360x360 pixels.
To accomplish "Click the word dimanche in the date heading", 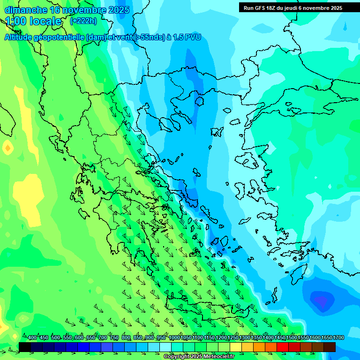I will coord(25,10).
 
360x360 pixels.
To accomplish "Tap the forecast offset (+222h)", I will coord(83,21).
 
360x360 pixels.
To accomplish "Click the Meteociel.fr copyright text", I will coord(199,357).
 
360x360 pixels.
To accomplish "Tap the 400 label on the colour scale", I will coord(32,337).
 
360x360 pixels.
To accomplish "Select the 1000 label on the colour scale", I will coord(174,337).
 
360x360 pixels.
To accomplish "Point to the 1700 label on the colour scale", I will coord(338,337).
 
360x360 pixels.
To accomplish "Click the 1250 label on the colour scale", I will coord(233,337).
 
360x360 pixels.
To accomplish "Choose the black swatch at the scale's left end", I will coord(25,347).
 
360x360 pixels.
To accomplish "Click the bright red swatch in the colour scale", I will coord(283,347).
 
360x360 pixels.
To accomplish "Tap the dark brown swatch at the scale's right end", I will coord(330,347).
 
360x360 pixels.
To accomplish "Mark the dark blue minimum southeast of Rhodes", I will coord(320,299).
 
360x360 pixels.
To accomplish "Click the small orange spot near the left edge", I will coord(7,149).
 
